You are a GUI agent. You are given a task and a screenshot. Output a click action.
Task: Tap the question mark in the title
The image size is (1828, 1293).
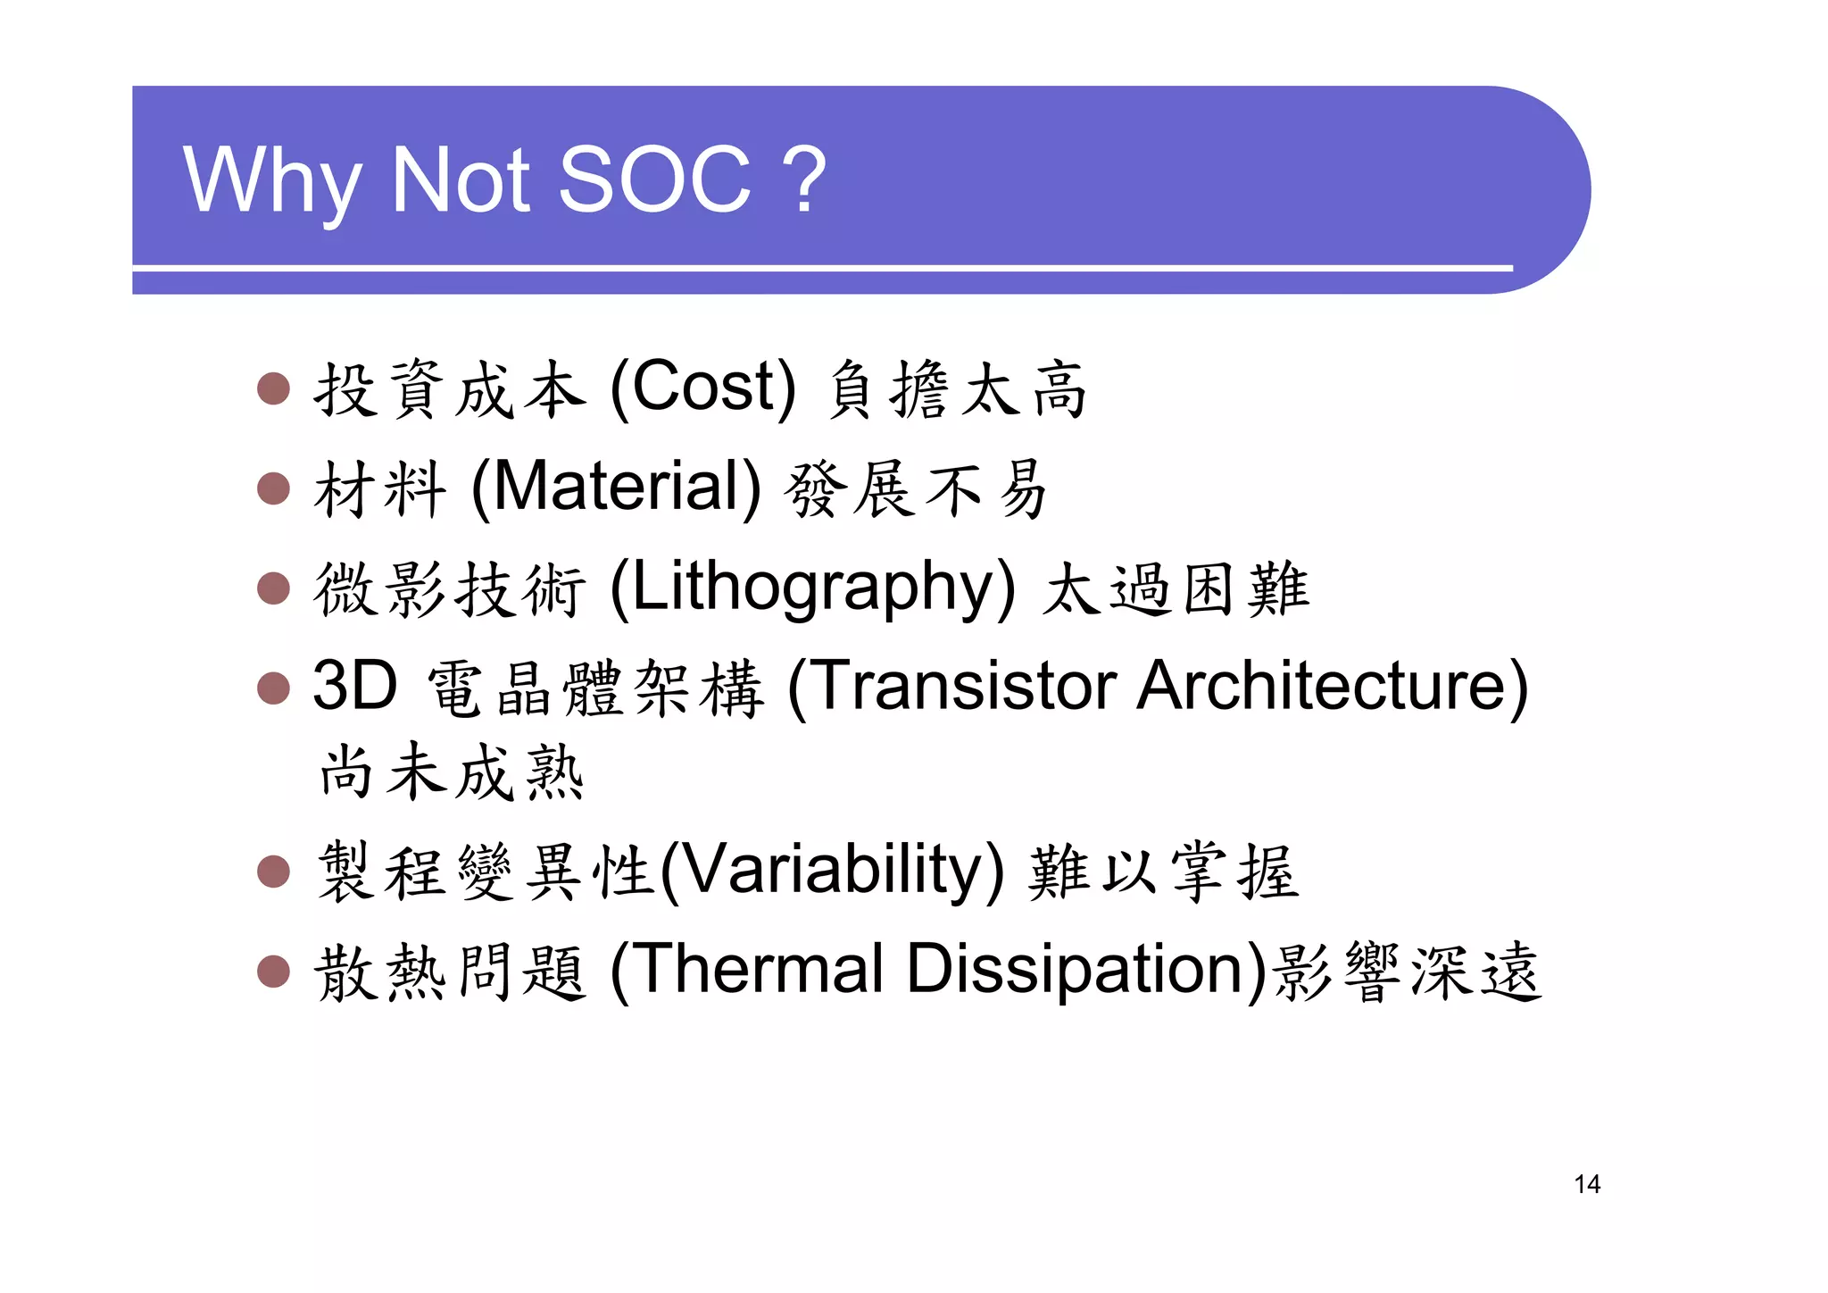pyautogui.click(x=807, y=180)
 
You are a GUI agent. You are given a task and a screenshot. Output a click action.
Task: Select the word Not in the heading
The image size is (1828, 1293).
pyautogui.click(x=461, y=180)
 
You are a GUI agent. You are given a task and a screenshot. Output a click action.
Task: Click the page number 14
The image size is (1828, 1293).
pyautogui.click(x=1587, y=1184)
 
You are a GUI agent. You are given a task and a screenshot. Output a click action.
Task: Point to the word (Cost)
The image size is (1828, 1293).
pyautogui.click(x=702, y=388)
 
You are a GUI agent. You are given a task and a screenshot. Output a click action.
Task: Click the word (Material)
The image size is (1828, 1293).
pyautogui.click(x=616, y=488)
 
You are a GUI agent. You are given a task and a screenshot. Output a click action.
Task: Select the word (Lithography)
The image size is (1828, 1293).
pyautogui.click(x=812, y=588)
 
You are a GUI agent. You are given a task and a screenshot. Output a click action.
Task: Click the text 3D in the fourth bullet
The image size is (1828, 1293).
pyautogui.click(x=354, y=686)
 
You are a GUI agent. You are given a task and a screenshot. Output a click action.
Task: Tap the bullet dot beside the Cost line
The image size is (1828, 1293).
pyautogui.click(x=273, y=388)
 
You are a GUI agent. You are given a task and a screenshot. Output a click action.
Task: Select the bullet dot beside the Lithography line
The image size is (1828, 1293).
pyautogui.click(x=273, y=588)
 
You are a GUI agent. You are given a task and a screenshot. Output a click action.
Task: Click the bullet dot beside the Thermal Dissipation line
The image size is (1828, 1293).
pyautogui.click(x=273, y=971)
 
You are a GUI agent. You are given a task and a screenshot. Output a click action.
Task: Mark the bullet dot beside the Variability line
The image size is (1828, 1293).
pyautogui.click(x=273, y=872)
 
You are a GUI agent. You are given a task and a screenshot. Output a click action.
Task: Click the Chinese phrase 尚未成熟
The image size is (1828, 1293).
pyautogui.click(x=452, y=772)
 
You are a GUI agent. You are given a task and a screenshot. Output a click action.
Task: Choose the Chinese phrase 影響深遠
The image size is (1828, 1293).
pyautogui.click(x=1408, y=972)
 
